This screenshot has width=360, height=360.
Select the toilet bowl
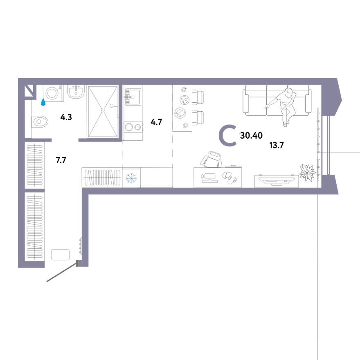click(40, 121)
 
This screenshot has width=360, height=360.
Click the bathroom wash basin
click(76, 92)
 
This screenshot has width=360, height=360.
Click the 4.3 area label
click(66, 117)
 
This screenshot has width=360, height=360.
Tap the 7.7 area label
click(61, 160)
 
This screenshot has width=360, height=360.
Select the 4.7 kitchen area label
click(156, 122)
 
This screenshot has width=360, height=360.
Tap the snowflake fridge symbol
click(131, 178)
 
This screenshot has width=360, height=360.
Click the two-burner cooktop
click(133, 127)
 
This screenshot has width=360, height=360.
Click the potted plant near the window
click(308, 171)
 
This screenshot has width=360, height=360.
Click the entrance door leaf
click(62, 273)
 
